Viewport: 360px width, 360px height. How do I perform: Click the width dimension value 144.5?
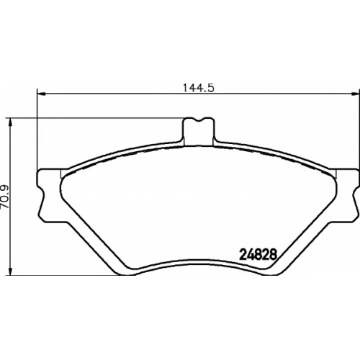199,88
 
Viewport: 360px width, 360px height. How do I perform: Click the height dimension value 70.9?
5,197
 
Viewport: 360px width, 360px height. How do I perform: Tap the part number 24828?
258,255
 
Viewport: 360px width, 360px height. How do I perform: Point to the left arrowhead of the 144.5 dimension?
42,94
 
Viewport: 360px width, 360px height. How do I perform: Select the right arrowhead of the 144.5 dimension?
355,94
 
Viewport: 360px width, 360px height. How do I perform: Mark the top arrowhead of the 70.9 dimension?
10,122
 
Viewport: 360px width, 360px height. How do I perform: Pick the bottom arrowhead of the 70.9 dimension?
10,271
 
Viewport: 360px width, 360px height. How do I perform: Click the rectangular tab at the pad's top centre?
198,132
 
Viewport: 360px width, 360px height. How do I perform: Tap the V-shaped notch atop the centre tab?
198,120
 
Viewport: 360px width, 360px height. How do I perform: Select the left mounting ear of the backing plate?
50,196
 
